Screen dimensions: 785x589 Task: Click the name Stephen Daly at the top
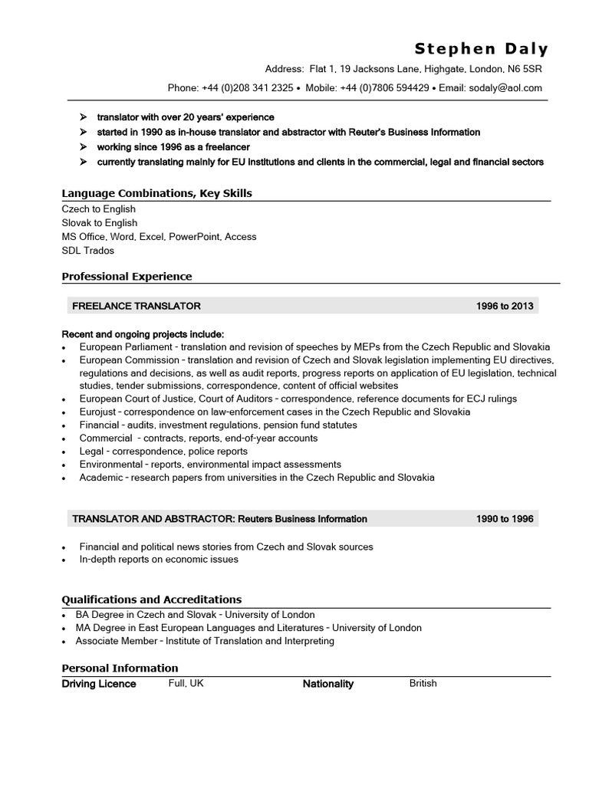(x=482, y=49)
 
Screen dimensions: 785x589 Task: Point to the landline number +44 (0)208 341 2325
(x=248, y=88)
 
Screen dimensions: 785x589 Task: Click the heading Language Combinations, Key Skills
(x=156, y=193)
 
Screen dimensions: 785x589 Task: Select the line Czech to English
(x=98, y=209)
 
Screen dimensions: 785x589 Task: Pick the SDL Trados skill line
(x=87, y=251)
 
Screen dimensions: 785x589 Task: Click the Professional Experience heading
(x=127, y=276)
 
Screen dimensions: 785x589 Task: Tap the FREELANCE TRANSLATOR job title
(x=136, y=306)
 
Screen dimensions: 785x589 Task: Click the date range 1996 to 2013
(x=504, y=306)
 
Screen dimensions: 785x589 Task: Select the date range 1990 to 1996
(x=504, y=519)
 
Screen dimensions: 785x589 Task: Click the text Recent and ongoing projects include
(x=143, y=334)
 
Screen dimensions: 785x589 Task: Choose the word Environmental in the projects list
(x=111, y=465)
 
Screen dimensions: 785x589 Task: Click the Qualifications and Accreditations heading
(x=151, y=599)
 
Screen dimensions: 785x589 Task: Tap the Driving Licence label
(x=99, y=684)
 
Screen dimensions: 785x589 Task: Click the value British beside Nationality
(x=423, y=683)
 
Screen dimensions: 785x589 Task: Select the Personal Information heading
(x=120, y=668)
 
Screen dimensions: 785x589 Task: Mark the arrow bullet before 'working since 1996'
(x=83, y=146)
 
